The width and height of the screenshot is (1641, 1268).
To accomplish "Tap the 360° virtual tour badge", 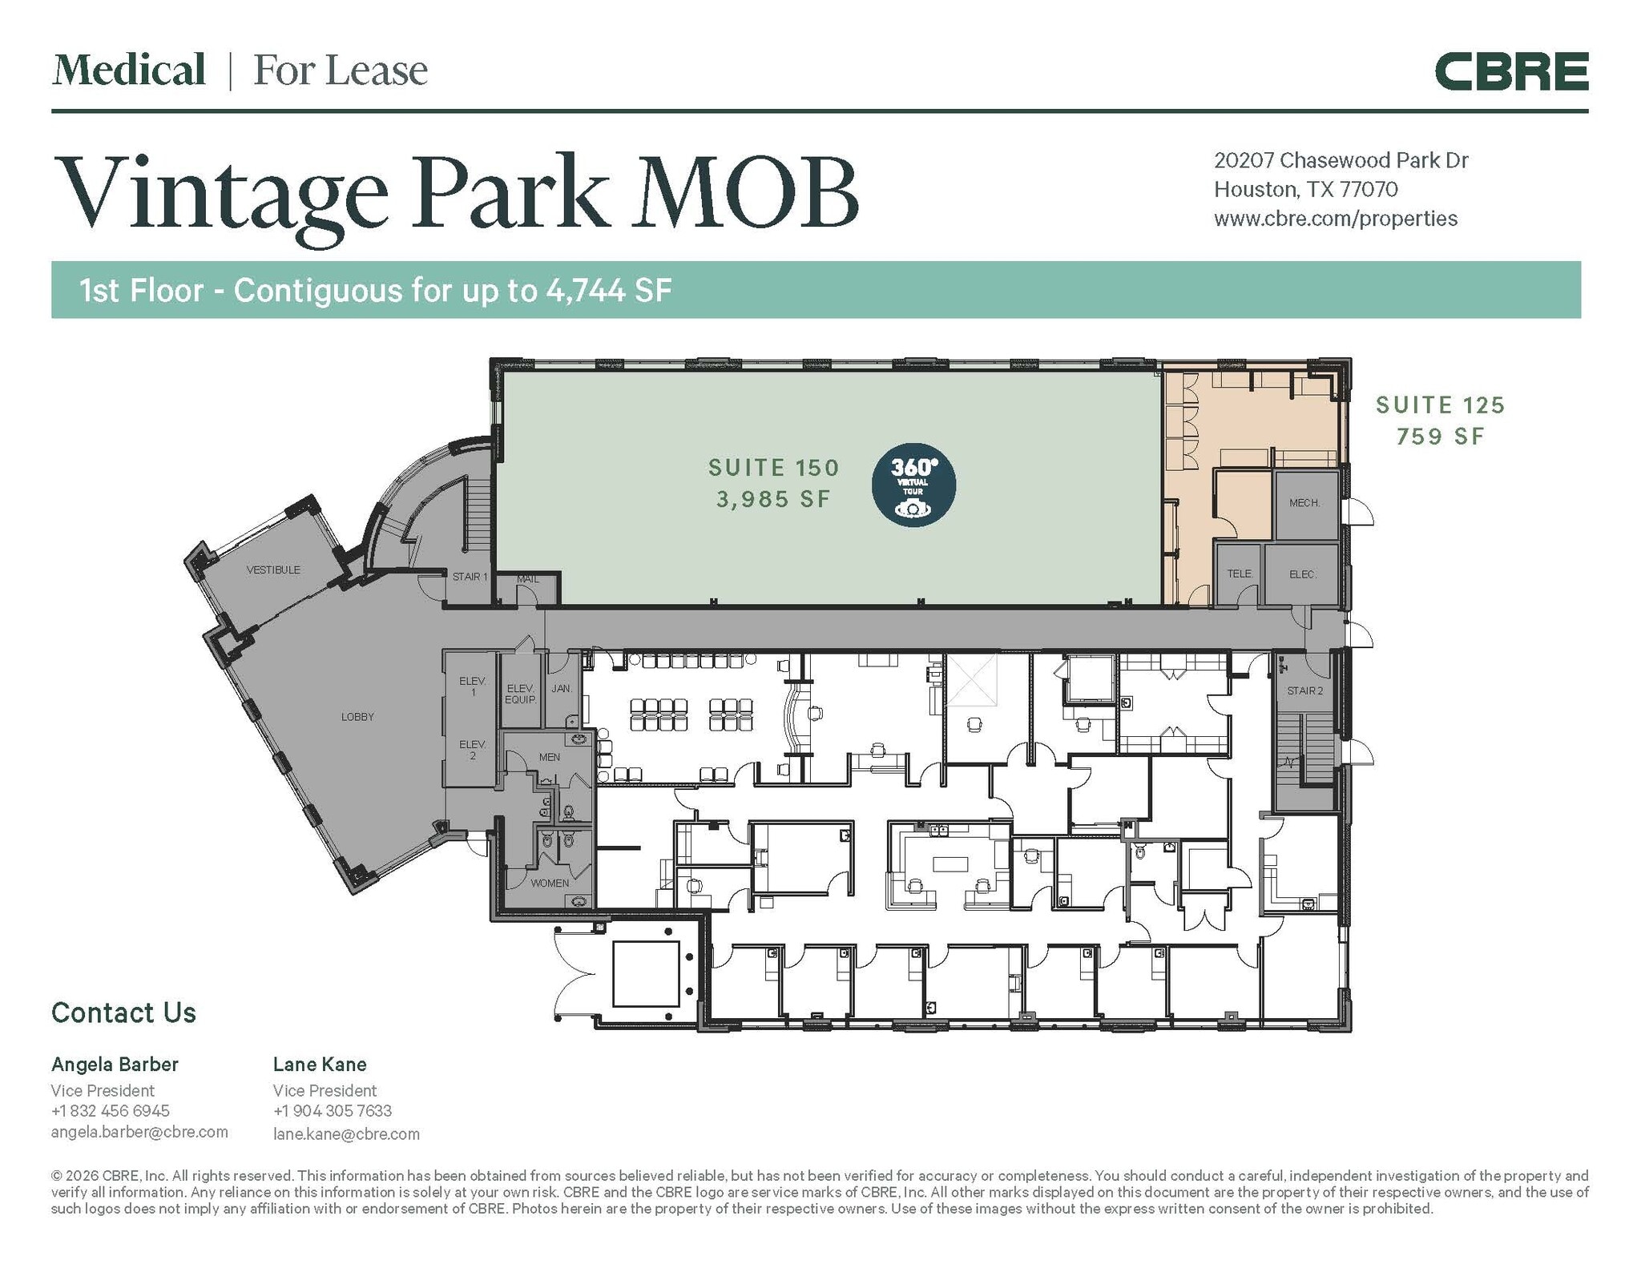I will (x=913, y=485).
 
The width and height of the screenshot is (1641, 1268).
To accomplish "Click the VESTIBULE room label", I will (x=273, y=570).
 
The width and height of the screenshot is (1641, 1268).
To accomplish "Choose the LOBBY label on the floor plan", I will (x=357, y=717).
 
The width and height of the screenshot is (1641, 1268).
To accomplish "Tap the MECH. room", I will (x=1304, y=503).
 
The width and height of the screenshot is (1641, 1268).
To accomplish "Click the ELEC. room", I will (x=1303, y=574).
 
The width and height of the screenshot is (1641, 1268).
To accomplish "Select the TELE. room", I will (x=1240, y=574).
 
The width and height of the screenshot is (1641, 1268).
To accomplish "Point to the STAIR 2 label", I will (x=1304, y=690).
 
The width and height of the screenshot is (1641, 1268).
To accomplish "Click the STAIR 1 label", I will (x=470, y=577).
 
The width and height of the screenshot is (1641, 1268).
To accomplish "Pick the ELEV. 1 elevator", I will (x=473, y=686).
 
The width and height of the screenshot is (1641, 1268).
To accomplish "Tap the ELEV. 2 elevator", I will (x=473, y=750).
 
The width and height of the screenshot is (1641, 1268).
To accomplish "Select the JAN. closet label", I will (x=562, y=688).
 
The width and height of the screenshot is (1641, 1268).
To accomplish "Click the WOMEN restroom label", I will (x=550, y=883).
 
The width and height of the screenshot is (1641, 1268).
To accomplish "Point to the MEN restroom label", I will (x=550, y=757).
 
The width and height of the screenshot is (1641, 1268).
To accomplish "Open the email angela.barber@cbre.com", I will (x=139, y=1132).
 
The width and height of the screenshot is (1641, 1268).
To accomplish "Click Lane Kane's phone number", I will (x=333, y=1111).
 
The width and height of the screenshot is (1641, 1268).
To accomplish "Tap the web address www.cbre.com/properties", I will (x=1336, y=219).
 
